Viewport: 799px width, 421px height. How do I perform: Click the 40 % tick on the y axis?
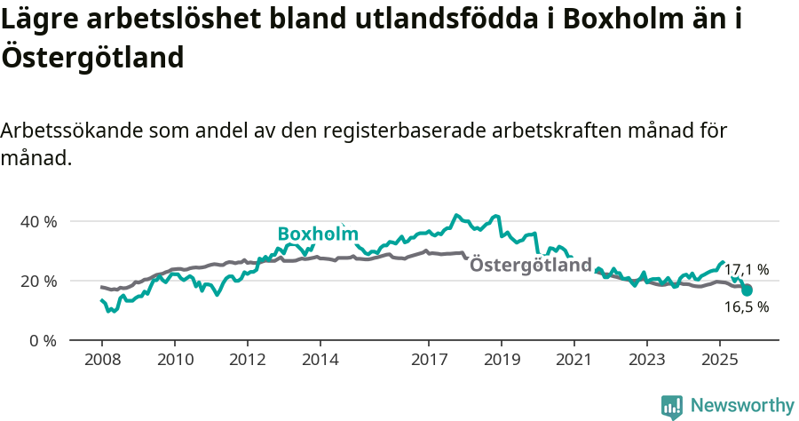(38, 221)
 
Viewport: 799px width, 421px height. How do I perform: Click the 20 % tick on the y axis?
(38, 281)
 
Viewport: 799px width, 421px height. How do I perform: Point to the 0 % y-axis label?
(42, 340)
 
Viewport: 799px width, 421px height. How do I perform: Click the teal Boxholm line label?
(318, 234)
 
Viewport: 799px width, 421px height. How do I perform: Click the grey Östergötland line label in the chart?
(530, 265)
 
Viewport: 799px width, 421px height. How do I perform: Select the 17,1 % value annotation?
(747, 269)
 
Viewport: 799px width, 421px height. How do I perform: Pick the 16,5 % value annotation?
(747, 307)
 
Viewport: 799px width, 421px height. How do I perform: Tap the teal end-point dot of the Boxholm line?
(748, 290)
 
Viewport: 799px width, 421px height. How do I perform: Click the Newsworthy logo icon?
(672, 406)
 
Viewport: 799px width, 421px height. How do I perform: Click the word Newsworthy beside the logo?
(741, 406)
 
